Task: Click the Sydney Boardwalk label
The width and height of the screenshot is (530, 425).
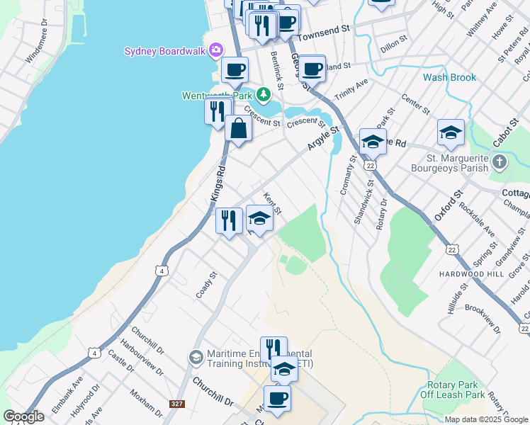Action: (164, 51)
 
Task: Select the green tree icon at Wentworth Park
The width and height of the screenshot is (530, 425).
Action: (264, 94)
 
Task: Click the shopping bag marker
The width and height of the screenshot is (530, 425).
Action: (239, 130)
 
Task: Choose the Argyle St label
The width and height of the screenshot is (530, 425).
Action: (324, 137)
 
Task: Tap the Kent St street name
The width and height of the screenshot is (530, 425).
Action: (273, 204)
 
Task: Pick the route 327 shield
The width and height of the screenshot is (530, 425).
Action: (177, 404)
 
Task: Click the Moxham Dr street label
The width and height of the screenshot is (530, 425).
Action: (147, 402)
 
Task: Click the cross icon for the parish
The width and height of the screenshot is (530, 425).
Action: (500, 162)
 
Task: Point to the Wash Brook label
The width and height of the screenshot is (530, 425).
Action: (449, 77)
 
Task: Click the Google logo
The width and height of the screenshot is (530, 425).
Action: (23, 416)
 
